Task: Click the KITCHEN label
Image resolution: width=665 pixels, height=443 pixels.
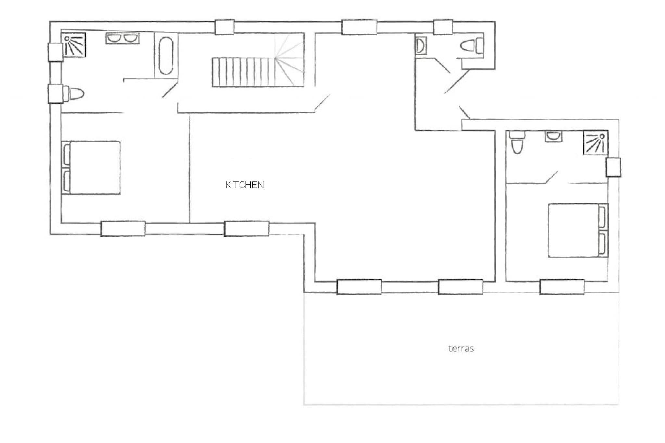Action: click(245, 185)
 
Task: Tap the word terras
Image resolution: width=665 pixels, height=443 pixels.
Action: click(461, 349)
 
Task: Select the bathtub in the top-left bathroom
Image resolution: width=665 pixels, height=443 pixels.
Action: click(166, 56)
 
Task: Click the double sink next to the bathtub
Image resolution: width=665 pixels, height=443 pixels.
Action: click(122, 39)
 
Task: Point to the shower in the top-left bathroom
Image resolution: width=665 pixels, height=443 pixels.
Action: click(74, 45)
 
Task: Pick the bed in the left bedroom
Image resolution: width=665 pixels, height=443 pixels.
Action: click(91, 168)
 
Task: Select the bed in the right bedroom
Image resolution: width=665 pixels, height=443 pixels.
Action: click(578, 230)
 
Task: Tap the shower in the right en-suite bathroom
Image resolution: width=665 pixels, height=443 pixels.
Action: click(596, 143)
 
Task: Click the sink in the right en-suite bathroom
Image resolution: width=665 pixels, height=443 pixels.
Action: click(554, 137)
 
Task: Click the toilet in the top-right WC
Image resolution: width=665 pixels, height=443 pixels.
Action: click(473, 45)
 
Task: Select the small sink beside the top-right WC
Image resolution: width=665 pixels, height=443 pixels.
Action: click(421, 45)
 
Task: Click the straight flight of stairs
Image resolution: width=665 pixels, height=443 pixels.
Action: click(244, 72)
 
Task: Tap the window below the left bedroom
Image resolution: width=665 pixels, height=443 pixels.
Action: click(123, 228)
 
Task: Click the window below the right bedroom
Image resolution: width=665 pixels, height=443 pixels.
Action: click(562, 287)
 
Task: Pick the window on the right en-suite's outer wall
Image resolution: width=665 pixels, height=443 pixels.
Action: click(613, 167)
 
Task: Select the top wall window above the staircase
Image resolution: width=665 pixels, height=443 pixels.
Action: click(224, 27)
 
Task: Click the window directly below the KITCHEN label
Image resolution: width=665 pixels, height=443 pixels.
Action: click(246, 228)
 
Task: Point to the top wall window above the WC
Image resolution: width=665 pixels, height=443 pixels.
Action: click(443, 27)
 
